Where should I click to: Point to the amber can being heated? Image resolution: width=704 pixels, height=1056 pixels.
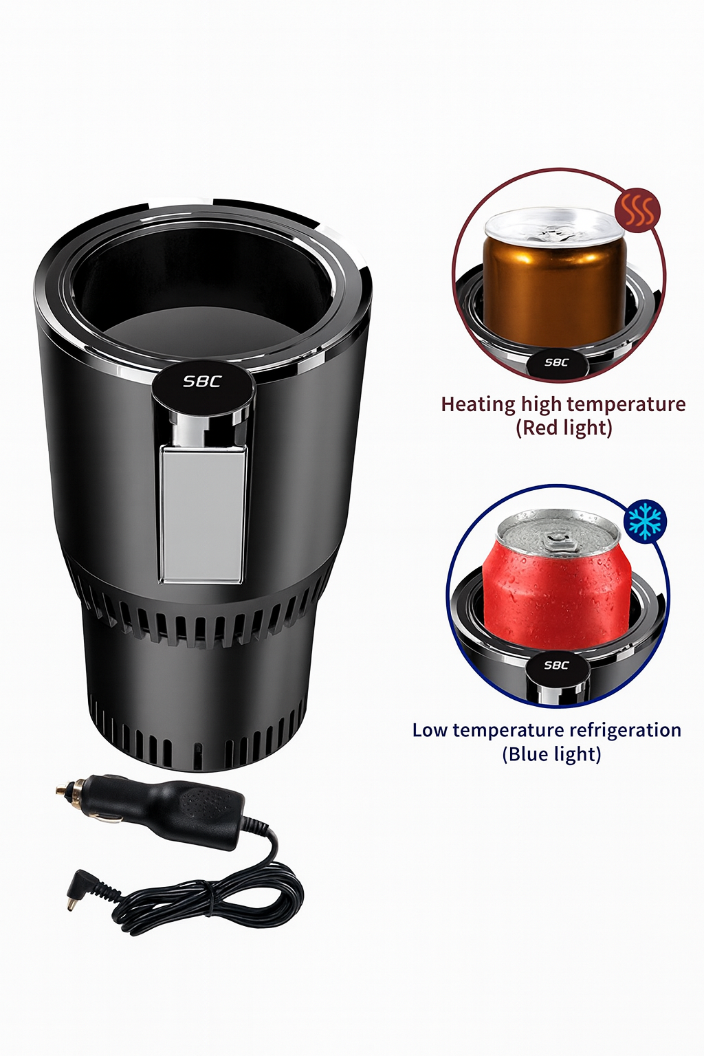[x=553, y=278]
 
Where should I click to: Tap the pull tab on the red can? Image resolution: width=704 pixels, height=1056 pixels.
[x=556, y=541]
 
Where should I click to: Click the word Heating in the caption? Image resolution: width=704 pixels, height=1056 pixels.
[x=478, y=405]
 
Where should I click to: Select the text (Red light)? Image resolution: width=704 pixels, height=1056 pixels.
[x=564, y=428]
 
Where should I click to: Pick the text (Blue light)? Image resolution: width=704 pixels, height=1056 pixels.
[x=551, y=754]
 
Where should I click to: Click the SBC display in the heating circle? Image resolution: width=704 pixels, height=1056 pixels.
[x=556, y=362]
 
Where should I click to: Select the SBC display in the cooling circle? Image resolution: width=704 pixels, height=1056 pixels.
[x=556, y=665]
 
